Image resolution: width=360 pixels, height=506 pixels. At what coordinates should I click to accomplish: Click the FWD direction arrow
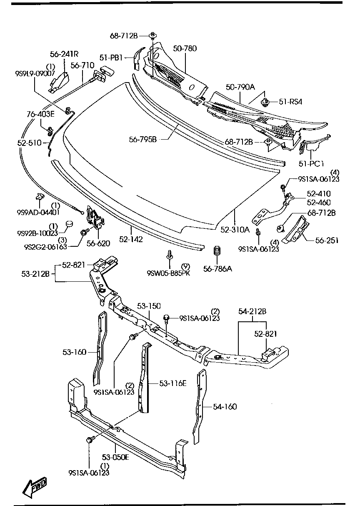[35, 487]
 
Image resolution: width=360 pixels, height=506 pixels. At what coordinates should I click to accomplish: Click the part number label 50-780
[185, 49]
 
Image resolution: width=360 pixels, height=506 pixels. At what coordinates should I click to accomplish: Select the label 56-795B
[142, 139]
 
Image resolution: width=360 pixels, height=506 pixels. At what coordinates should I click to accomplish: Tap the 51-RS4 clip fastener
[263, 101]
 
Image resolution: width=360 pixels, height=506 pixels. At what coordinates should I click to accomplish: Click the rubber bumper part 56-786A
[217, 252]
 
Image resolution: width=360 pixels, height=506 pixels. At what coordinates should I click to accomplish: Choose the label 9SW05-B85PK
[167, 273]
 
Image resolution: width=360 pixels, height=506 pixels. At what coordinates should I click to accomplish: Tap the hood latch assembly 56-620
[95, 219]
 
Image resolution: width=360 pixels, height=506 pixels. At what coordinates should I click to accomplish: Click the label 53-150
[149, 306]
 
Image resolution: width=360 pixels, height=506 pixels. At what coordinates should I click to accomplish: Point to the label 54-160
[225, 406]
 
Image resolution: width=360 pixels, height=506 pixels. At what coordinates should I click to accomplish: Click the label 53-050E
[115, 457]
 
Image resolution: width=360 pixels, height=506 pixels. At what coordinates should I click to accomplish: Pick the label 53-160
[74, 352]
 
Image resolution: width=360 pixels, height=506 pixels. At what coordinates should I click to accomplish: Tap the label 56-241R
[65, 54]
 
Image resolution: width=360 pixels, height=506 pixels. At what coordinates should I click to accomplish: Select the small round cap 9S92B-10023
[70, 224]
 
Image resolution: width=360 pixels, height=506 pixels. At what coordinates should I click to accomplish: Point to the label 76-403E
[41, 113]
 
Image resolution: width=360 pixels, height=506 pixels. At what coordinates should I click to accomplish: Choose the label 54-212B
[252, 311]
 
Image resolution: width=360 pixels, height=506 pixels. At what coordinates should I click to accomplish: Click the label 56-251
[327, 240]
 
